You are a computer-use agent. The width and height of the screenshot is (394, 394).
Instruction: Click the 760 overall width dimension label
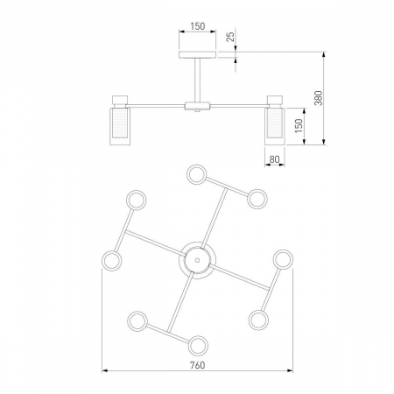pos(198,365)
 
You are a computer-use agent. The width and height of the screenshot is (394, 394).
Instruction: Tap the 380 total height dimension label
pos(319,98)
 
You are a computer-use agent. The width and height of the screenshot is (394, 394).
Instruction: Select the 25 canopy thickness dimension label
pos(230,37)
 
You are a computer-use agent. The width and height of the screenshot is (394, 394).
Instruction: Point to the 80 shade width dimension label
pos(274,159)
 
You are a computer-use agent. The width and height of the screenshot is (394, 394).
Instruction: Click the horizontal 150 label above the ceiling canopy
pos(198,26)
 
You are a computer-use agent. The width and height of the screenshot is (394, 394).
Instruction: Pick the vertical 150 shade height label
pos(299,126)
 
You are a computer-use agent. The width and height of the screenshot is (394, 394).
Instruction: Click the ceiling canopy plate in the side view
pos(197,54)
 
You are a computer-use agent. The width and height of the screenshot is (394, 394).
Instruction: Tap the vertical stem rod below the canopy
pos(197,80)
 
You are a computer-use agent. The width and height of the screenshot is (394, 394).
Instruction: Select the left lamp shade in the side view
pos(120,126)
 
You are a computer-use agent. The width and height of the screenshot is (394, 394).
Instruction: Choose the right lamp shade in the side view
pos(275,126)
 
